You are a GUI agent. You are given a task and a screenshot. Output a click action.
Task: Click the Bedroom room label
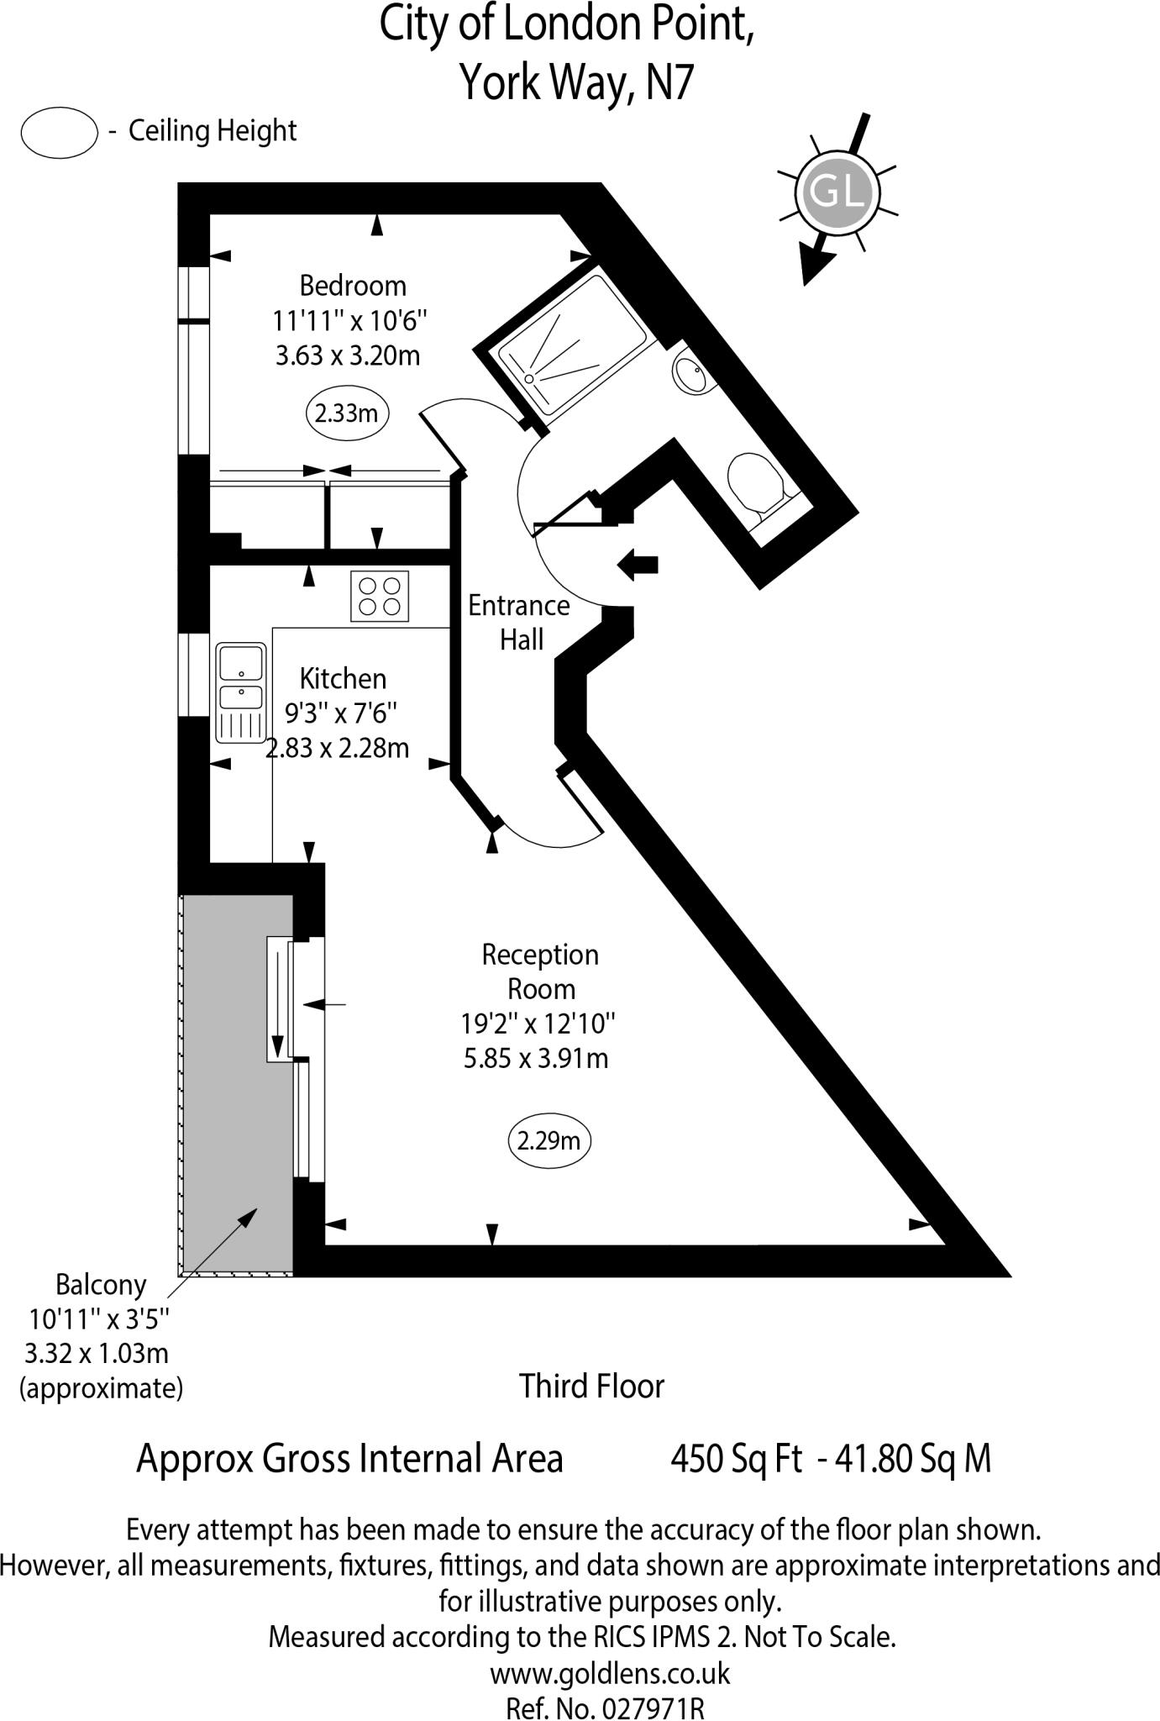[353, 286]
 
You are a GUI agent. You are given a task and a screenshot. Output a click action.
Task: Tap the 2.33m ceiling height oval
[346, 413]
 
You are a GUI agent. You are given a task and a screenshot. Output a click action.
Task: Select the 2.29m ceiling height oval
[549, 1140]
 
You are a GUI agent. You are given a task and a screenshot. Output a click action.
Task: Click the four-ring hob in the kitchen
[380, 596]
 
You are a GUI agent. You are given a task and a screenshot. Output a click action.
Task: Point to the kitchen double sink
[241, 693]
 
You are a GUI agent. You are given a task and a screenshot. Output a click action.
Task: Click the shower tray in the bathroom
[572, 344]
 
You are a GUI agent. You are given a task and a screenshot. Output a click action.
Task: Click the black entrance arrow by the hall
[638, 564]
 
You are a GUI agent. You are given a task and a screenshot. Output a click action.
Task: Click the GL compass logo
[837, 192]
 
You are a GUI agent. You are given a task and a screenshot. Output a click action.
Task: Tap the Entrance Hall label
[520, 623]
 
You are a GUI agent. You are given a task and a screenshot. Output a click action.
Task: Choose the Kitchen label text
[344, 678]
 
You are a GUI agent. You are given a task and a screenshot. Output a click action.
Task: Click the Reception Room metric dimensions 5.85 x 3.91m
[536, 1058]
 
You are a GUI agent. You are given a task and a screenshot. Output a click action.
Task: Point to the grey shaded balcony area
[236, 1084]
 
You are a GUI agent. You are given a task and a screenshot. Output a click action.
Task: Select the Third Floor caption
[591, 1386]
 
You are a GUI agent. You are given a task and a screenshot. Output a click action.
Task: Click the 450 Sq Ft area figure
[736, 1458]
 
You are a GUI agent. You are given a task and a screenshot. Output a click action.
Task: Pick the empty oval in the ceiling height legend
[60, 133]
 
